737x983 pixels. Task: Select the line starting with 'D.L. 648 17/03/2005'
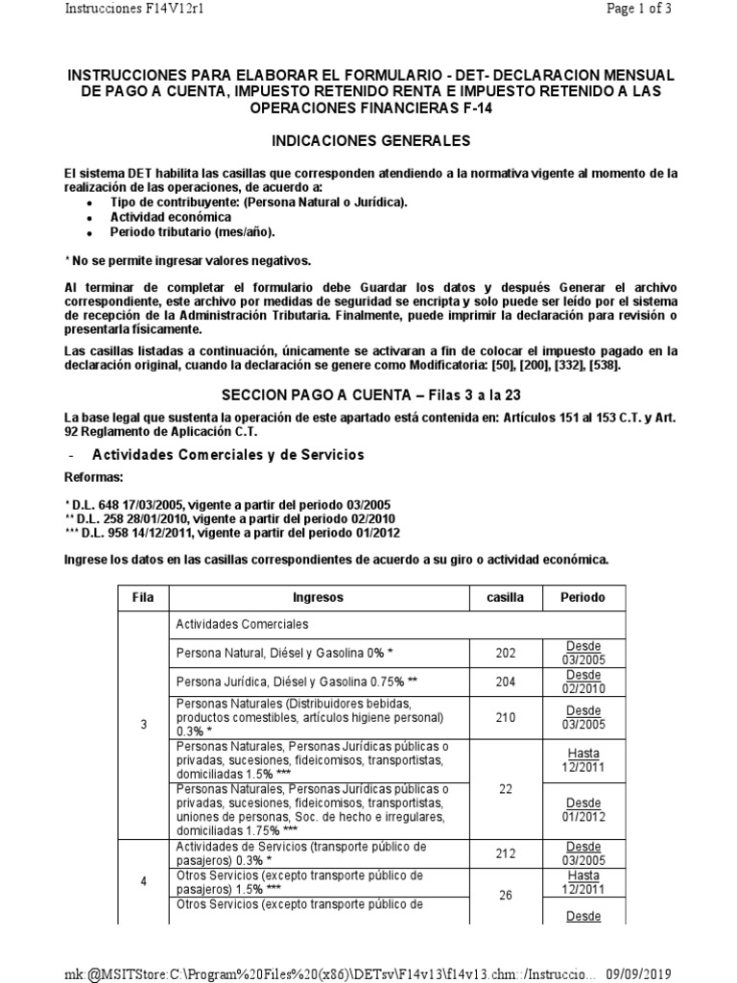228,505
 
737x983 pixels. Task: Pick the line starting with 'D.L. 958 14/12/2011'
228,533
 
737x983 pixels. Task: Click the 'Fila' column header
143,597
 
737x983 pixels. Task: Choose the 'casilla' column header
505,597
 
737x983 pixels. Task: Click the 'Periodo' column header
582,597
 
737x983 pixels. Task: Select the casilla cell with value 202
505,653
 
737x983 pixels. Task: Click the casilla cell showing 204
505,682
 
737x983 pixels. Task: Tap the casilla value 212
505,852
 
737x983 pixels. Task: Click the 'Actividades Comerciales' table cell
242,624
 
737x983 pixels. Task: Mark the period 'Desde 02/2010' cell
582,682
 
